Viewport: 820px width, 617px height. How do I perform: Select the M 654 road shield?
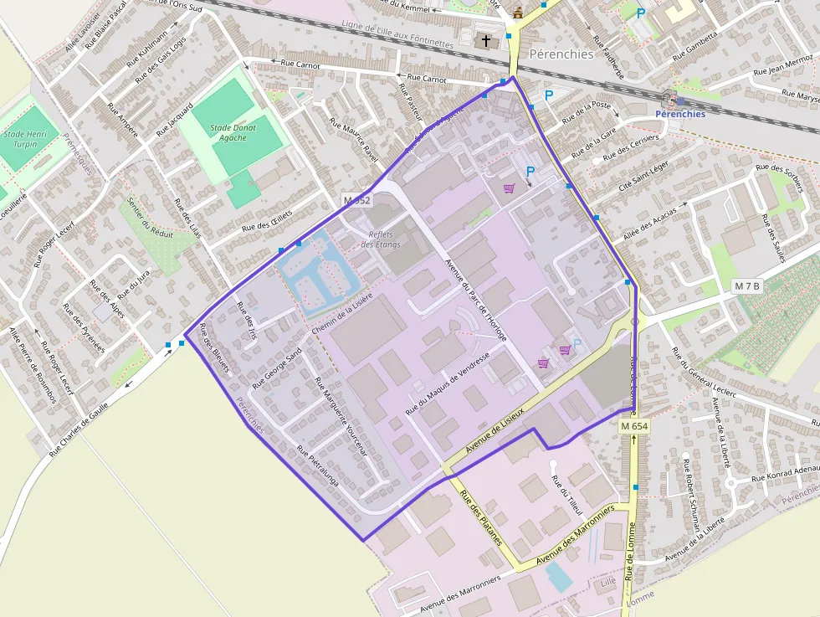pyautogui.click(x=635, y=426)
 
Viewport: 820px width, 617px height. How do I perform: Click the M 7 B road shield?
pyautogui.click(x=747, y=286)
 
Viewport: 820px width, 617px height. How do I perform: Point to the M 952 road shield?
pyautogui.click(x=356, y=200)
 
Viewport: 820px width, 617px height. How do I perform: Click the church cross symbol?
pyautogui.click(x=486, y=40)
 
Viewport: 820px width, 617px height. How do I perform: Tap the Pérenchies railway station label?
pyautogui.click(x=679, y=114)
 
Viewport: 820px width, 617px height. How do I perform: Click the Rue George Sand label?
pyautogui.click(x=276, y=369)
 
